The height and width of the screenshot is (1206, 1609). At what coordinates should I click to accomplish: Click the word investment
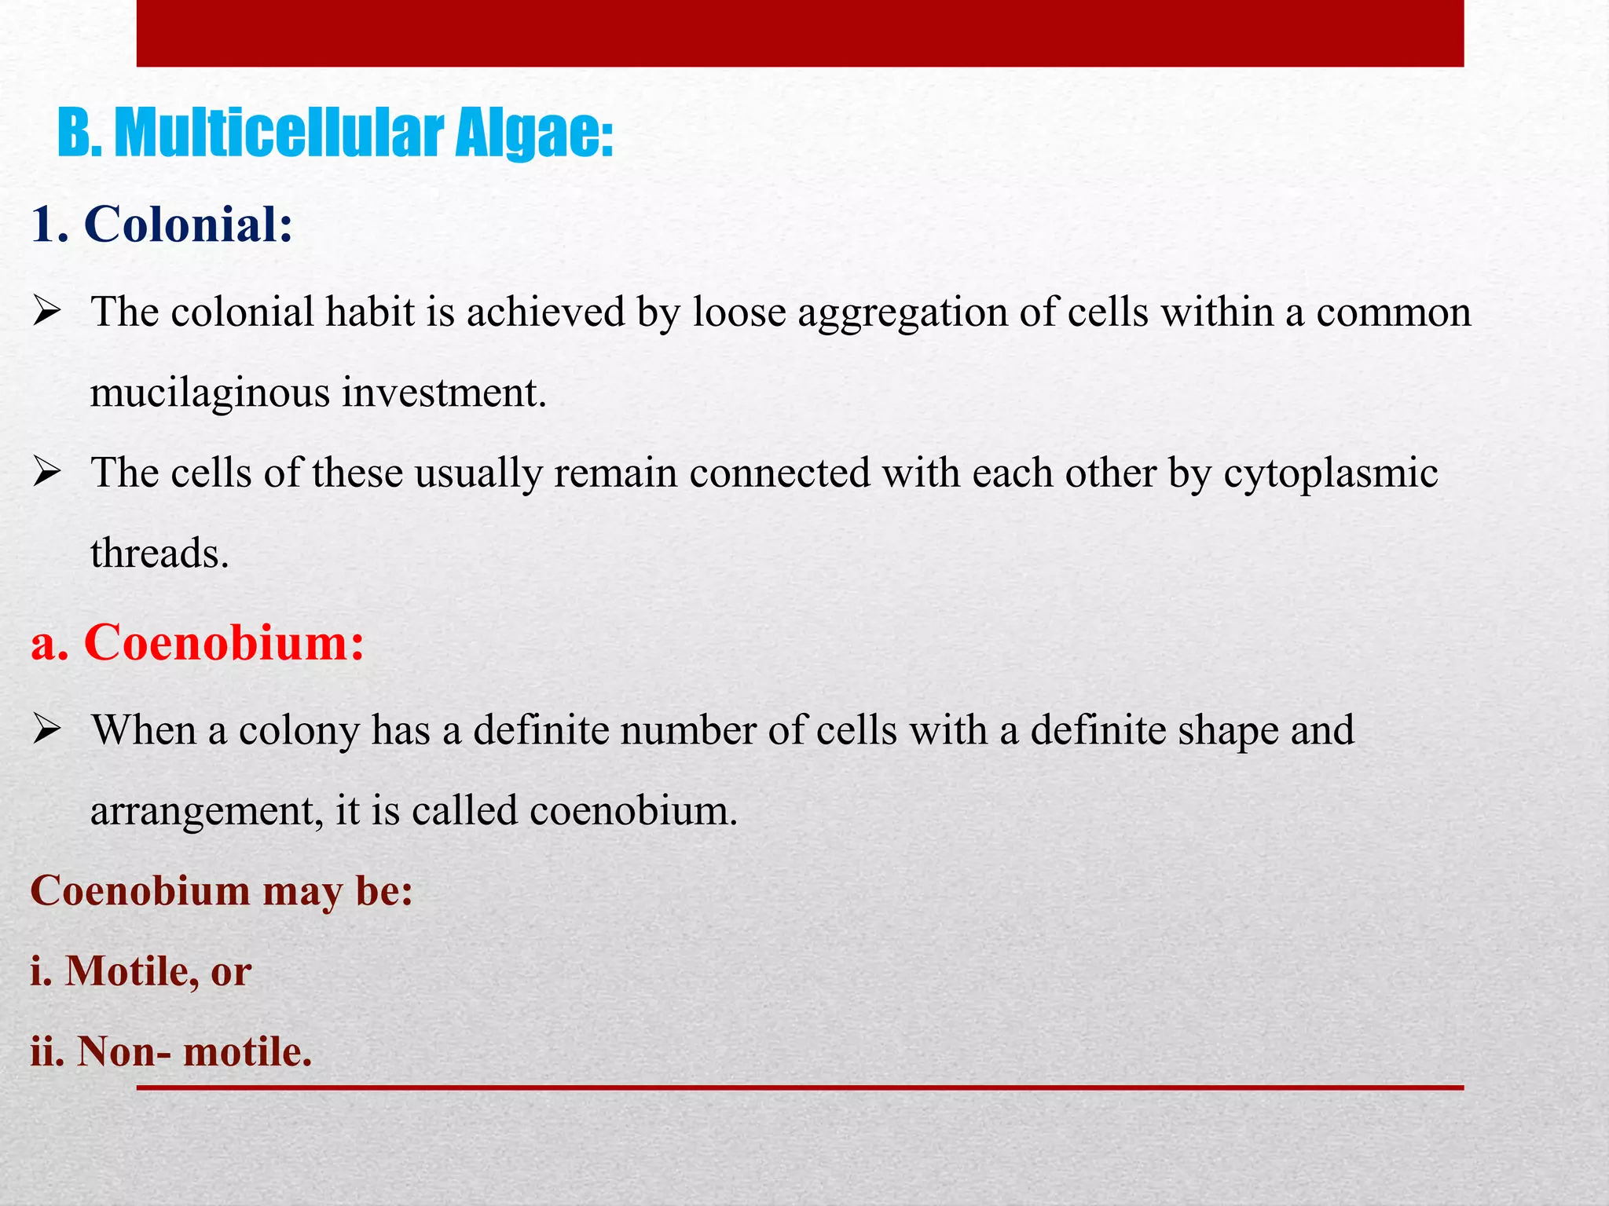pos(444,393)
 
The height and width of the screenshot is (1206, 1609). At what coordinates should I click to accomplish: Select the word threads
pos(159,554)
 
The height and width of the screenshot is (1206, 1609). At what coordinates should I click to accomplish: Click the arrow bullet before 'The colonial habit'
pos(47,312)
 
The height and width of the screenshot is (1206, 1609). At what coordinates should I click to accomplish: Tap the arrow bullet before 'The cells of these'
pos(47,473)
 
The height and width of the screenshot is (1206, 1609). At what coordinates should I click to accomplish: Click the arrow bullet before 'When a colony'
pos(47,730)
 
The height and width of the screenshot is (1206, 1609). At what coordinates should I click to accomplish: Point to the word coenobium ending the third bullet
pos(633,811)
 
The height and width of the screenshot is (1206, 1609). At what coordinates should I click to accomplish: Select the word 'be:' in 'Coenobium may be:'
pos(384,892)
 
